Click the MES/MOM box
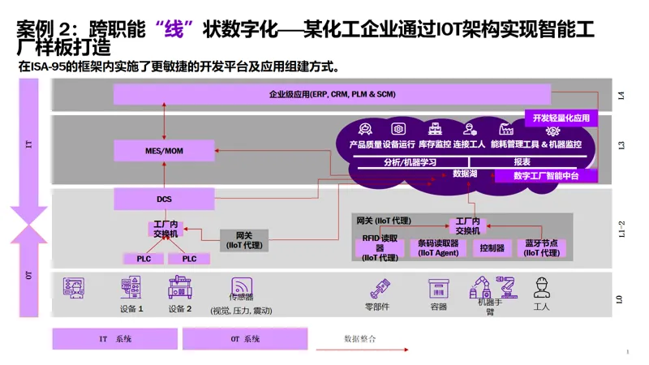[165, 151]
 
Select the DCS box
[165, 199]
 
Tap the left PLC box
[144, 259]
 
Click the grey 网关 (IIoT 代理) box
[244, 240]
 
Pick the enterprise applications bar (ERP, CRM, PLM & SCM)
[332, 94]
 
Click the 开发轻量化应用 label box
[561, 118]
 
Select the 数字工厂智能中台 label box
[546, 176]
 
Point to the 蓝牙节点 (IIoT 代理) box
[541, 248]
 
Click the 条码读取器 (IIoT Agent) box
[438, 248]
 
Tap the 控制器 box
[492, 248]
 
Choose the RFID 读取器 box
[380, 248]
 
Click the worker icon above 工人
[541, 287]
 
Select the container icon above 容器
[438, 289]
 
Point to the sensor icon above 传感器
[242, 286]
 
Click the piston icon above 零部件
[380, 289]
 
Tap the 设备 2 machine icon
[180, 287]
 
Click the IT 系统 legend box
[115, 339]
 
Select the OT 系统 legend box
[245, 339]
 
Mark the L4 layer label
[621, 96]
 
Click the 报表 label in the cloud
[522, 161]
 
